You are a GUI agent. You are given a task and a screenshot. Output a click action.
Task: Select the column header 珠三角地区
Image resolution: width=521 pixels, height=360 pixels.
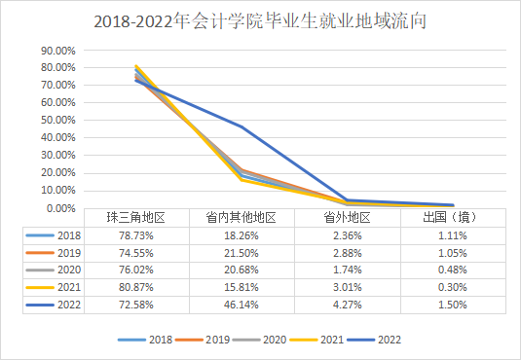(x=137, y=218)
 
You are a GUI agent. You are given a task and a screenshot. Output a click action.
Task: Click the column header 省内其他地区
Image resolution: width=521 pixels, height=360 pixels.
(x=242, y=218)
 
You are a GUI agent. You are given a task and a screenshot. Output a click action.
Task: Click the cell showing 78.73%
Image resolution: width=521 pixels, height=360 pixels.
(x=137, y=235)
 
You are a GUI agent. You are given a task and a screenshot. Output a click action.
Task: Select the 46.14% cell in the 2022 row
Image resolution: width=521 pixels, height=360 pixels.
(x=242, y=306)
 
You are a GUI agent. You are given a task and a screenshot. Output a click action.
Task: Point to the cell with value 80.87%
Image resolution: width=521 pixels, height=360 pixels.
(x=137, y=288)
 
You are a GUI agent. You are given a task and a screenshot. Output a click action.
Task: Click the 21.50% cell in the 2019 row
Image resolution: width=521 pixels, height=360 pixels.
(x=242, y=253)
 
